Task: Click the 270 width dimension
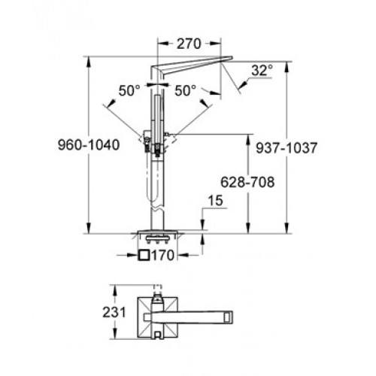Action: tap(189, 44)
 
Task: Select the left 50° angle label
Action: tap(129, 91)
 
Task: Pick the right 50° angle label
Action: tap(185, 90)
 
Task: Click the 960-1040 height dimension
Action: tap(89, 145)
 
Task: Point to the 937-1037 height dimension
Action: tap(287, 148)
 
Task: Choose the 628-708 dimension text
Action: tap(247, 182)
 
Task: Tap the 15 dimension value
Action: tap(215, 201)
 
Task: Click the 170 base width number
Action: tap(162, 256)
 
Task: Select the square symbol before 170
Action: tap(144, 255)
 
